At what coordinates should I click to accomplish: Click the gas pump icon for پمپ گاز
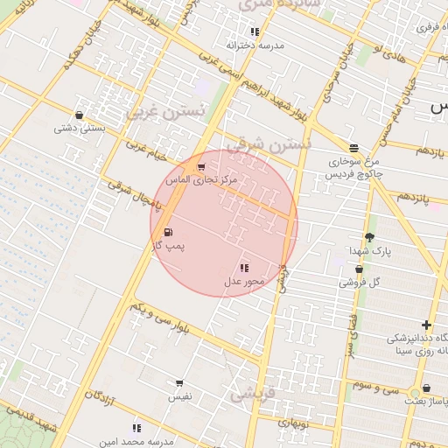(x=167, y=233)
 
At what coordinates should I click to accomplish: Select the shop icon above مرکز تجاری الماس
(x=201, y=166)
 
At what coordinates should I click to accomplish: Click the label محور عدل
(x=244, y=282)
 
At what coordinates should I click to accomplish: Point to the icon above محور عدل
(x=243, y=268)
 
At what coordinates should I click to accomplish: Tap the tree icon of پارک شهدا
(x=369, y=237)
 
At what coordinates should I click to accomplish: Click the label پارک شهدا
(x=369, y=251)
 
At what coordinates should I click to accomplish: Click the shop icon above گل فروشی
(x=359, y=269)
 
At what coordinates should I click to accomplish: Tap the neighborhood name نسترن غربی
(x=166, y=111)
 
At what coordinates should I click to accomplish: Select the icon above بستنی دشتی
(x=80, y=115)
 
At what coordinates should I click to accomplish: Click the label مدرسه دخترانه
(x=255, y=45)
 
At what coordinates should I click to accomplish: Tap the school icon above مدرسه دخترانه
(x=255, y=31)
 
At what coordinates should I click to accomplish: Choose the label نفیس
(x=179, y=397)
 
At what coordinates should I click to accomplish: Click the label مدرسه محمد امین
(x=136, y=442)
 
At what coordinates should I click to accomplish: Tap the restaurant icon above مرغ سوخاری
(x=353, y=149)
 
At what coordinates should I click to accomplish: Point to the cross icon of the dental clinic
(x=426, y=325)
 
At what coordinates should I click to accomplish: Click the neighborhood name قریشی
(x=254, y=394)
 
